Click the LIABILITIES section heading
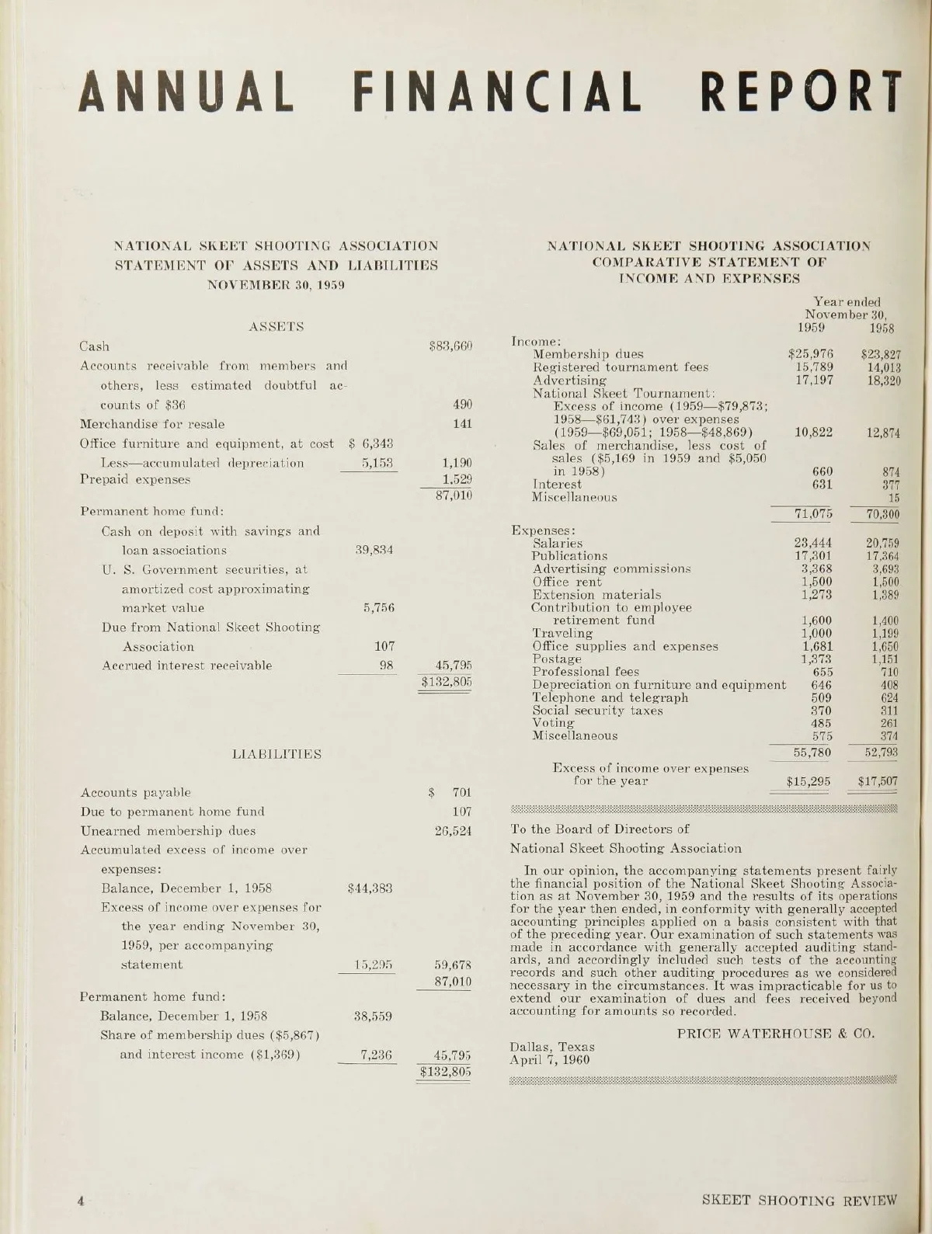(277, 753)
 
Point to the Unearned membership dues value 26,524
(452, 830)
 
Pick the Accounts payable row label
(136, 792)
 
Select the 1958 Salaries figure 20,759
(882, 544)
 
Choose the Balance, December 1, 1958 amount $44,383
(370, 888)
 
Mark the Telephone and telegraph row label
(610, 697)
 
